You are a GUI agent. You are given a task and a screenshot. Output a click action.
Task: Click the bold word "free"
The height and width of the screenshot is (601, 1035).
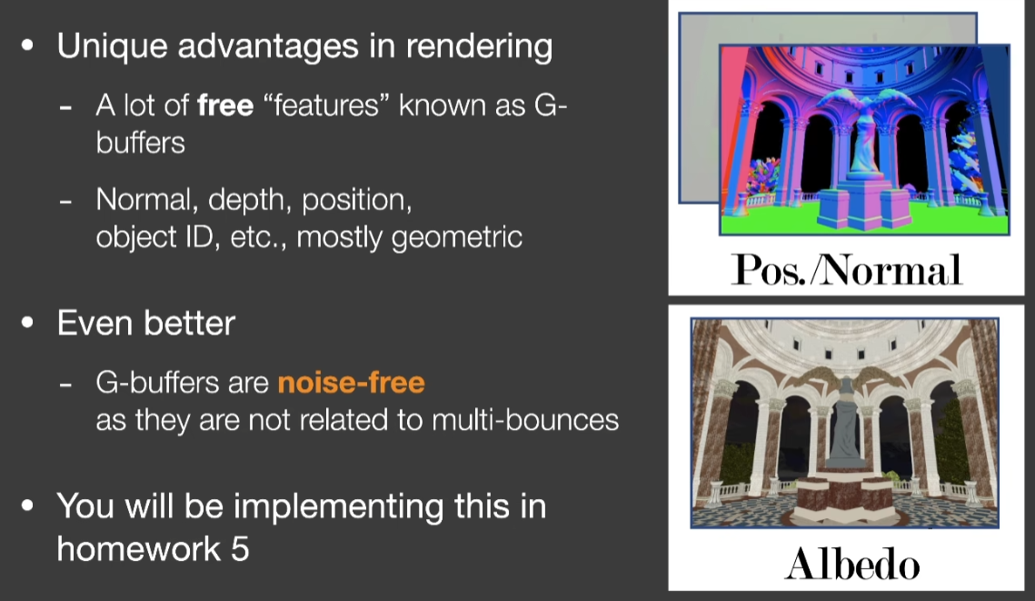coord(225,105)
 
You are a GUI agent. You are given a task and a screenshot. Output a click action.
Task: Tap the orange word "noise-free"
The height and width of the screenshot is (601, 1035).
coord(351,383)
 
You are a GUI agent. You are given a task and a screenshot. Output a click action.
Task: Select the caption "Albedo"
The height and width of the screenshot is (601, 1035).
coord(852,565)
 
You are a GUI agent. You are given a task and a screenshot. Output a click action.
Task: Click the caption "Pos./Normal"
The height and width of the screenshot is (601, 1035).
coord(847,269)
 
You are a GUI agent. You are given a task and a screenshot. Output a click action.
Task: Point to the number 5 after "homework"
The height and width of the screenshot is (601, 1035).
coord(240,549)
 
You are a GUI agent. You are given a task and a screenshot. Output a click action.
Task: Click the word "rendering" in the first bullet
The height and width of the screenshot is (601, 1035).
coord(479,47)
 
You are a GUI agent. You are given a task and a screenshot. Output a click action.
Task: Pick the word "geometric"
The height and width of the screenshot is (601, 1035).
coord(457,237)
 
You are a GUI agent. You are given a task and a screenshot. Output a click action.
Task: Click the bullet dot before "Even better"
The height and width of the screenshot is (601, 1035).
coord(27,324)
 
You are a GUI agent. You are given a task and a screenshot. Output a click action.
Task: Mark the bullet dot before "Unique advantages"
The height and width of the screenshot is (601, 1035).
coord(27,45)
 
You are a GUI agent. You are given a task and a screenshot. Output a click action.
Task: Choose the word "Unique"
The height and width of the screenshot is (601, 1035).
coord(112,47)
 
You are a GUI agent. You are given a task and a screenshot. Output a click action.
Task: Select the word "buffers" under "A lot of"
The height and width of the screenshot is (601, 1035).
coord(141,143)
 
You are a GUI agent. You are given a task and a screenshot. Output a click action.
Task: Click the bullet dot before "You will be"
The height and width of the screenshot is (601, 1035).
coord(27,506)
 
